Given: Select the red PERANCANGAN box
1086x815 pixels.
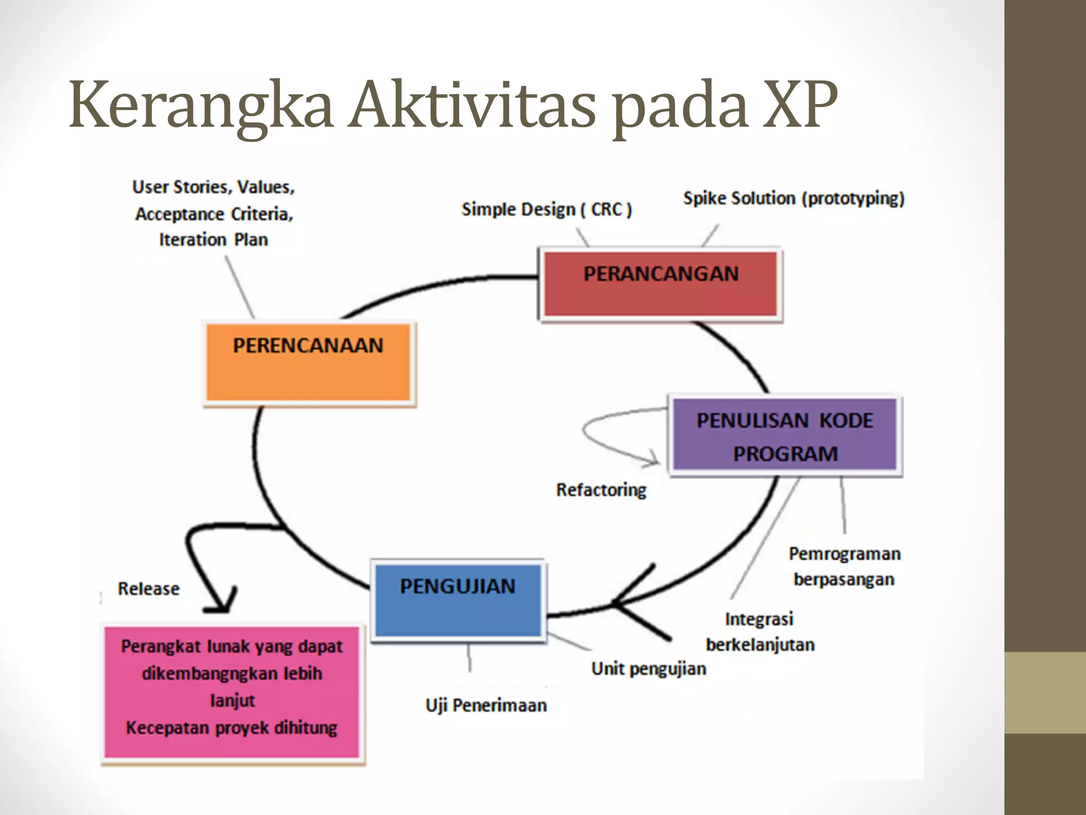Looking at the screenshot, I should pyautogui.click(x=660, y=284).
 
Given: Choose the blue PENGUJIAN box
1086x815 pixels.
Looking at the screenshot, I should pyautogui.click(x=458, y=600).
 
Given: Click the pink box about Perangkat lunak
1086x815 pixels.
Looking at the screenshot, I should pyautogui.click(x=232, y=692).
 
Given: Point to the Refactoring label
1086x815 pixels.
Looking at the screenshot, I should pyautogui.click(x=601, y=490).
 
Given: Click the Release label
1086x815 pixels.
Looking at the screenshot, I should pyautogui.click(x=148, y=588).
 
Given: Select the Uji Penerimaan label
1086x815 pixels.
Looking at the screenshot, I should pyautogui.click(x=486, y=705).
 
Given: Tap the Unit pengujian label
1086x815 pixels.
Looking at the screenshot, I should pyautogui.click(x=649, y=669).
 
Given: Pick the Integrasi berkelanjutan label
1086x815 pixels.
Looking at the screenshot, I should pyautogui.click(x=760, y=632).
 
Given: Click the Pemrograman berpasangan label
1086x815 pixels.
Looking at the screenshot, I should pyautogui.click(x=844, y=566).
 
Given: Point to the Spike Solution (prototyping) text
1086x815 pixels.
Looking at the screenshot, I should pyautogui.click(x=793, y=198).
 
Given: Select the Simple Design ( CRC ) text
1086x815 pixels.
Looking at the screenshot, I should pyautogui.click(x=546, y=210).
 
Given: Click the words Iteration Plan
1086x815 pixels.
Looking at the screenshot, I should pyautogui.click(x=213, y=240).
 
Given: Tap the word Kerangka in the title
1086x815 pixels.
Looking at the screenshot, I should pyautogui.click(x=201, y=106).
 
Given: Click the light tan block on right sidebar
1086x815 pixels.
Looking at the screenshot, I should pyautogui.click(x=1045, y=692).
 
